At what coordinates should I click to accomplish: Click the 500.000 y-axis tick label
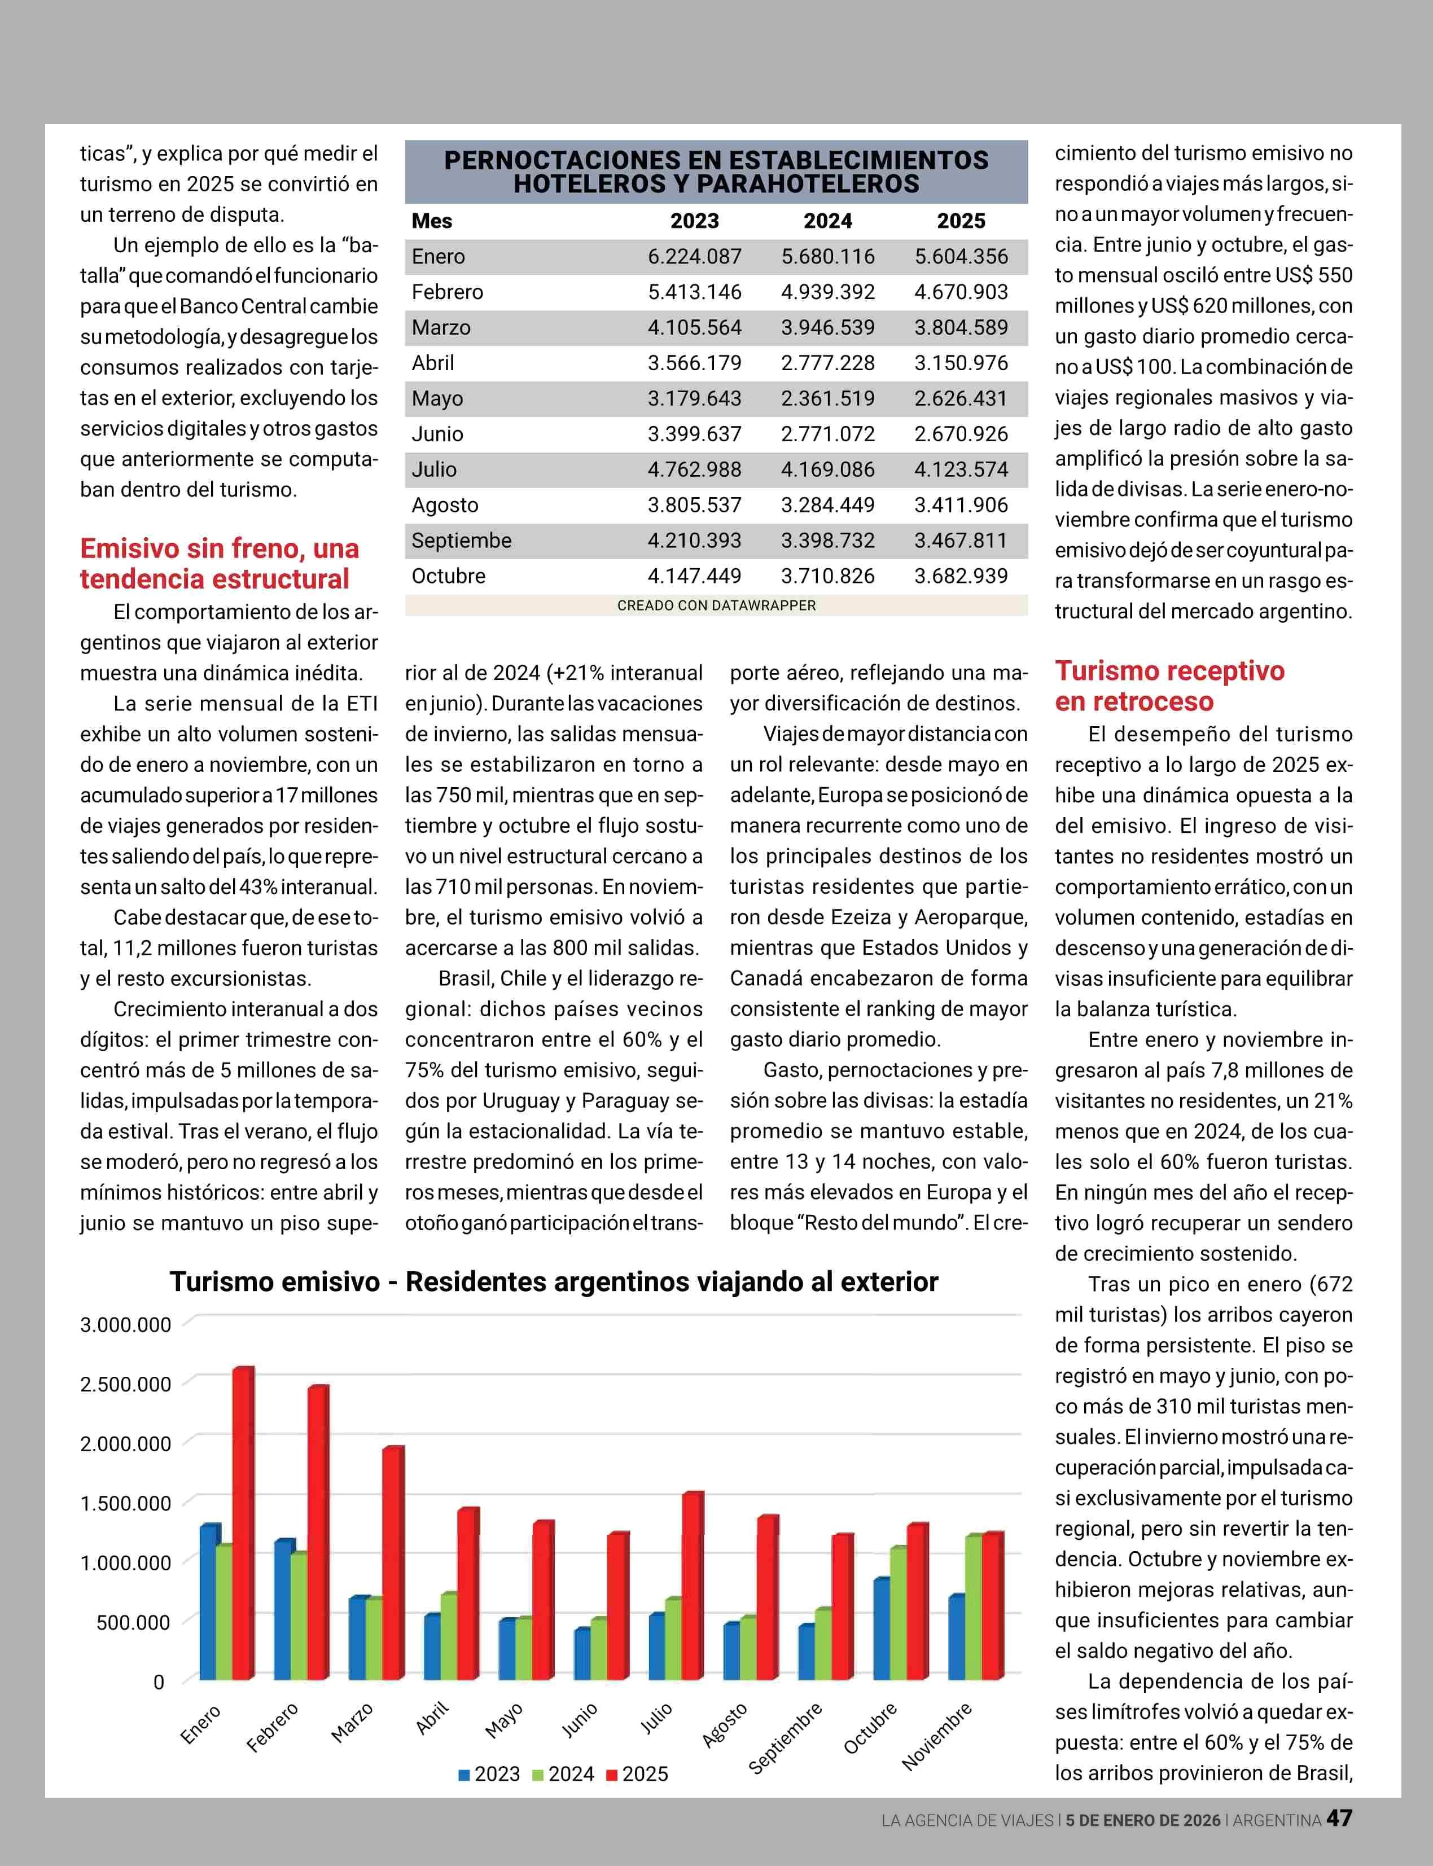133,1622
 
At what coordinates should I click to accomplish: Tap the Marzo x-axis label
352,1723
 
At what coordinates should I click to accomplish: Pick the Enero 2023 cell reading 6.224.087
694,257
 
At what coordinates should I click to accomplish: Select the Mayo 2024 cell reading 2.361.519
827,398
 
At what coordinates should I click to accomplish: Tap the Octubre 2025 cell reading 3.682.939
961,576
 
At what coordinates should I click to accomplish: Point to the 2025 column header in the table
961,221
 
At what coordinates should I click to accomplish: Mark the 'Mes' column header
432,221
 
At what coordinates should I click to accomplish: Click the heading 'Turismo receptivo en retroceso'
1169,686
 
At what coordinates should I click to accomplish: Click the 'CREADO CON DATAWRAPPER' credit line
717,605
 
